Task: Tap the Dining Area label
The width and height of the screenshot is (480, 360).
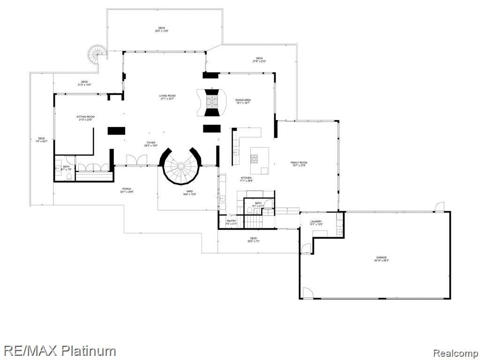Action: [243, 100]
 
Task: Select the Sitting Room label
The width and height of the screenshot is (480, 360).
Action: [86, 117]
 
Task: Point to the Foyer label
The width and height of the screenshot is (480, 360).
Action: [150, 142]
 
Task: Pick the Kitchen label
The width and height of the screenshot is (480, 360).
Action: [246, 178]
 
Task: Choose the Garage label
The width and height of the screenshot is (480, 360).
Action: [381, 257]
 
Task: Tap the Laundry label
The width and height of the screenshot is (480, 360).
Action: [315, 222]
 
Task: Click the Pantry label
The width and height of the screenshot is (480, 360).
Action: [231, 221]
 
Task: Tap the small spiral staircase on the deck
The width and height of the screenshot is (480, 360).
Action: [98, 55]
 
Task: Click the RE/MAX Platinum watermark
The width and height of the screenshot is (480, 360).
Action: [58, 350]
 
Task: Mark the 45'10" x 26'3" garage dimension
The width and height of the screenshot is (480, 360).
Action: [381, 260]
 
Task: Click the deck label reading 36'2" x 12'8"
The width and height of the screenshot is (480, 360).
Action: [162, 31]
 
